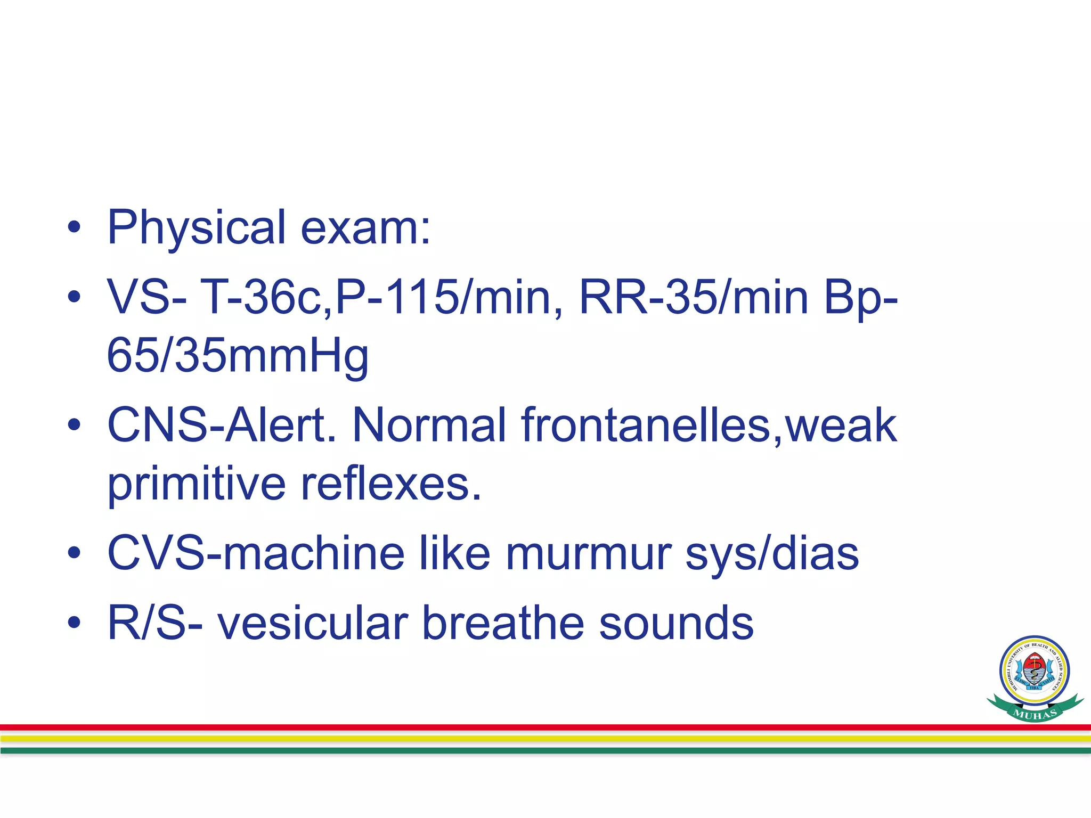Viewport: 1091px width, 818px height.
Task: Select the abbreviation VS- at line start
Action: [x=147, y=297]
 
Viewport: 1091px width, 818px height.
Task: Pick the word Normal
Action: [x=429, y=425]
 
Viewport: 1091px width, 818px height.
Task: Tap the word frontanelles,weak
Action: [x=709, y=425]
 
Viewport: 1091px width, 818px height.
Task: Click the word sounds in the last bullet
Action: [x=676, y=623]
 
